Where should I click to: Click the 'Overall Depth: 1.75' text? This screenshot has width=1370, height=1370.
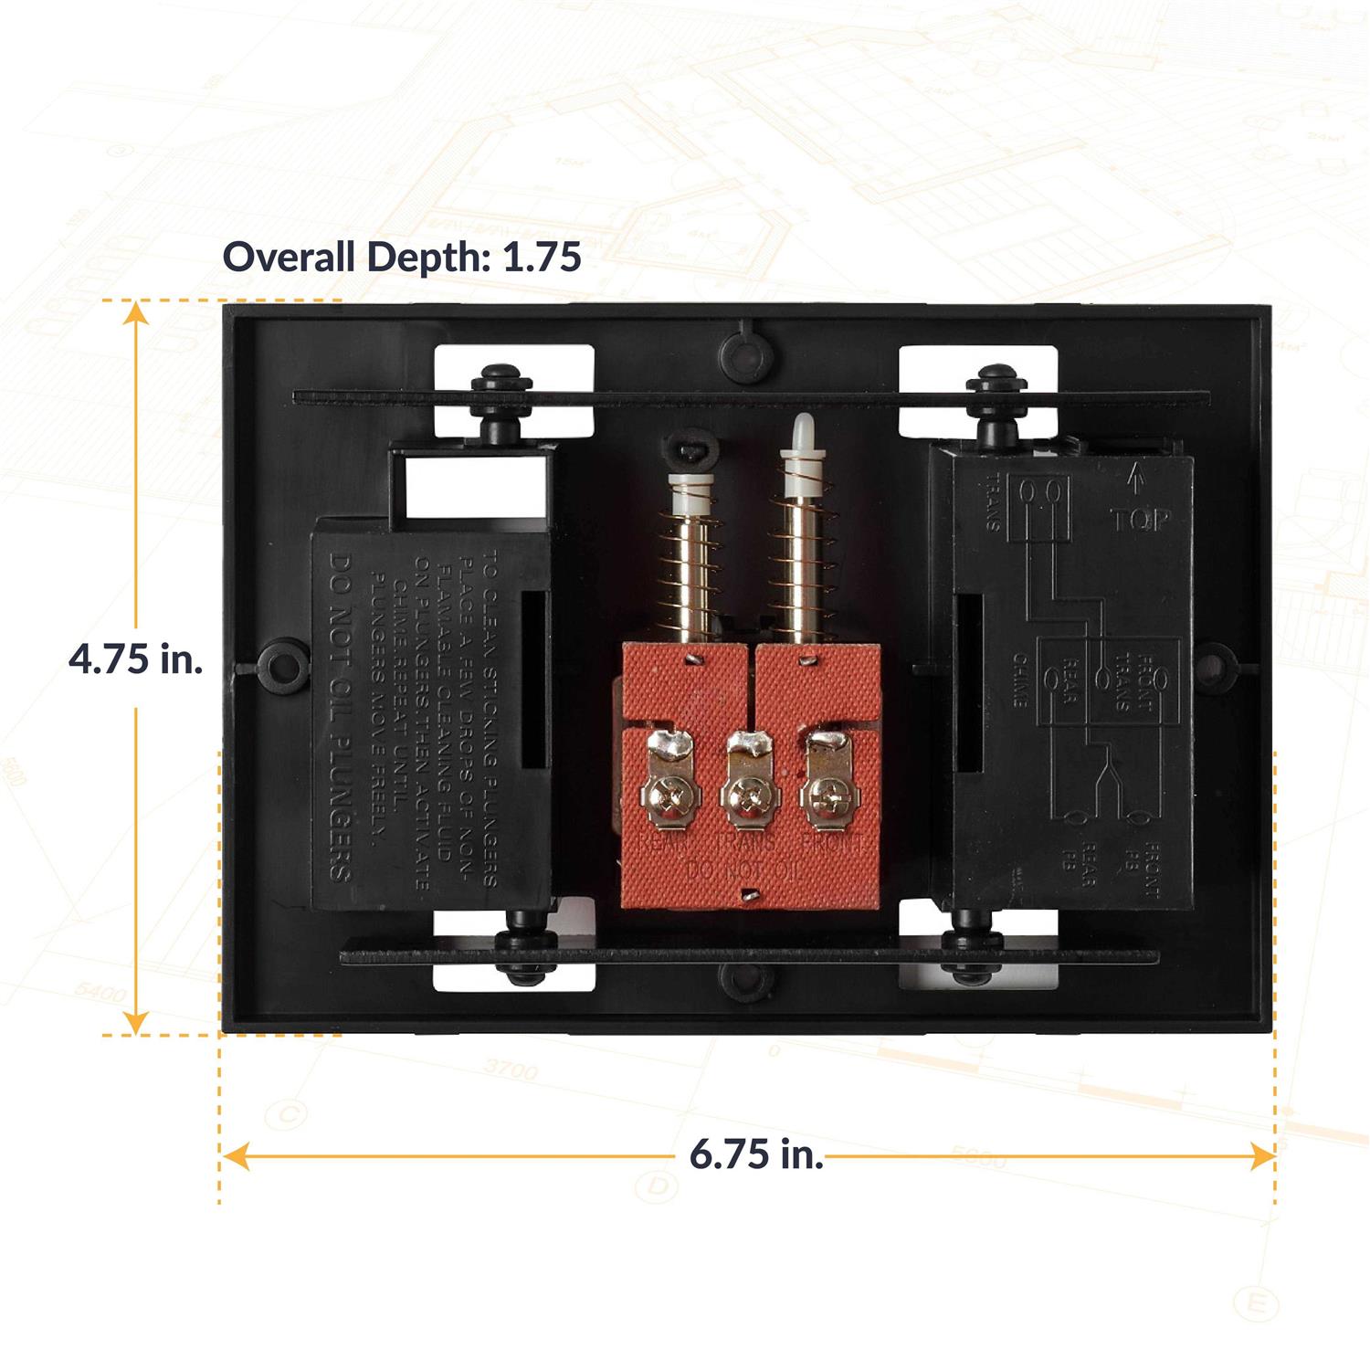pyautogui.click(x=402, y=257)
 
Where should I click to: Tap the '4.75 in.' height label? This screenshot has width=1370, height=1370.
pyautogui.click(x=136, y=659)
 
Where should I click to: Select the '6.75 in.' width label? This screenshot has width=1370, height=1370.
pyautogui.click(x=756, y=1154)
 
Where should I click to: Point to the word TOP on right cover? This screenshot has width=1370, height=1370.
pyautogui.click(x=1140, y=521)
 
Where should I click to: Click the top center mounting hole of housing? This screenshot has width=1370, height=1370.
pyautogui.click(x=747, y=350)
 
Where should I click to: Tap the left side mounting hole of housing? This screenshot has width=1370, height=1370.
pyautogui.click(x=278, y=662)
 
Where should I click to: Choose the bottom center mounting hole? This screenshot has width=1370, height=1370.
pyautogui.click(x=746, y=979)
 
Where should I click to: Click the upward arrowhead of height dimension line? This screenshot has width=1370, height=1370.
pyautogui.click(x=136, y=312)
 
